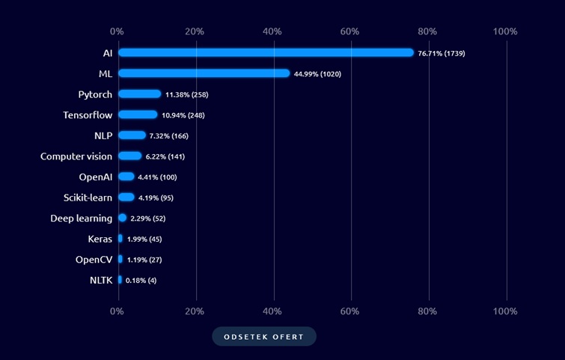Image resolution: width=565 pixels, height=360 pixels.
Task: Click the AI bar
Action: [x=266, y=52]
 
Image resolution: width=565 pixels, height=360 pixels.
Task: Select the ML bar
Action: [x=204, y=73]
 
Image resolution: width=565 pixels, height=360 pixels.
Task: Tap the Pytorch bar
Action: [x=139, y=94]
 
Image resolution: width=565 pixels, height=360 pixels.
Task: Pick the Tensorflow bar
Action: [x=138, y=115]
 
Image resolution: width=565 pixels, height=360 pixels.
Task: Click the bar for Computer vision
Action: [x=129, y=156]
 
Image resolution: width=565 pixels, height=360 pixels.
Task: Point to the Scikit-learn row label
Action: [x=88, y=198]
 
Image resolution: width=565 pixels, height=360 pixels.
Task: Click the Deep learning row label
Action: [x=81, y=218]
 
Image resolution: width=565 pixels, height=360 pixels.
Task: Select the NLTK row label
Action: [x=100, y=280]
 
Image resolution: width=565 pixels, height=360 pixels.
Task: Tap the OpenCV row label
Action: [x=94, y=260]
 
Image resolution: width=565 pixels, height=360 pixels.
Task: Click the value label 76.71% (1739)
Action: [x=442, y=53]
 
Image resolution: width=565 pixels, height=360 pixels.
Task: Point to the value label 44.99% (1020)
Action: [x=317, y=74]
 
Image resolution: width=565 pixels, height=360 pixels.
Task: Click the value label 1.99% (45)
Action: [x=144, y=240]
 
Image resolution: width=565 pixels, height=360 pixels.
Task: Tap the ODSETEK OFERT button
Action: [x=264, y=337]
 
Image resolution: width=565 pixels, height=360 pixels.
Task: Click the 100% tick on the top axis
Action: [x=505, y=31]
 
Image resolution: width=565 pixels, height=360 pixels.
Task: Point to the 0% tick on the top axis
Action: [x=117, y=31]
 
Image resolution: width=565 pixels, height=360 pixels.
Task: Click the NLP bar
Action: [x=132, y=135]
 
